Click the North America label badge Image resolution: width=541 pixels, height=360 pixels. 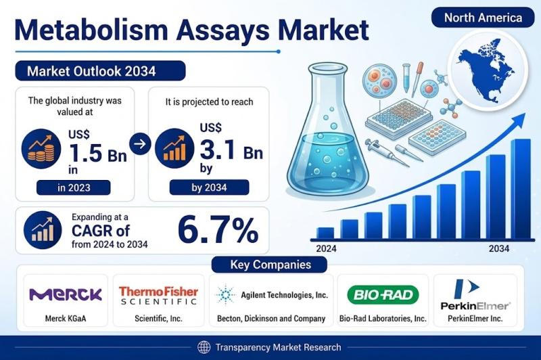click(483, 18)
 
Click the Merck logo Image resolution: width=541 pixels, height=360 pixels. click(66, 294)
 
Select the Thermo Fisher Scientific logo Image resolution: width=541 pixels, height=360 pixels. click(158, 296)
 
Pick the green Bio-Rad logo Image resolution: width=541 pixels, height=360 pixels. click(383, 295)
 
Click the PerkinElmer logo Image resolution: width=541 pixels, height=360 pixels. click(475, 294)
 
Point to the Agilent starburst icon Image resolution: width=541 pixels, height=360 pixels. click(226, 295)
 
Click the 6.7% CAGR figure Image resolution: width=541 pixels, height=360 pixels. click(218, 230)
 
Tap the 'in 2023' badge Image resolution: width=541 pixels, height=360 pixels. click(74, 187)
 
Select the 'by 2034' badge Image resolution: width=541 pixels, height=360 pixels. click(209, 187)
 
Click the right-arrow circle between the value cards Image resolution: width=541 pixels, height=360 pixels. click(140, 143)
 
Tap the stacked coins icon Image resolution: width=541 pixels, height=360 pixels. click(41, 149)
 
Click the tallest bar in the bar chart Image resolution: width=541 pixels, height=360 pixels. click(521, 189)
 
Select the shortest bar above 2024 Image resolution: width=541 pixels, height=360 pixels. click(325, 233)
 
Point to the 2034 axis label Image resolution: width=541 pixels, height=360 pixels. click(499, 248)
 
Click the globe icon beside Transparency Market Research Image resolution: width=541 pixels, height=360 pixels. click(204, 347)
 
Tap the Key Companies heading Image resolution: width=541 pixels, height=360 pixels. click(270, 265)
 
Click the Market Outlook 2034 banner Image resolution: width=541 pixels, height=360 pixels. click(100, 71)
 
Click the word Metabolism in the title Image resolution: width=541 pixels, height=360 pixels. click(91, 30)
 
